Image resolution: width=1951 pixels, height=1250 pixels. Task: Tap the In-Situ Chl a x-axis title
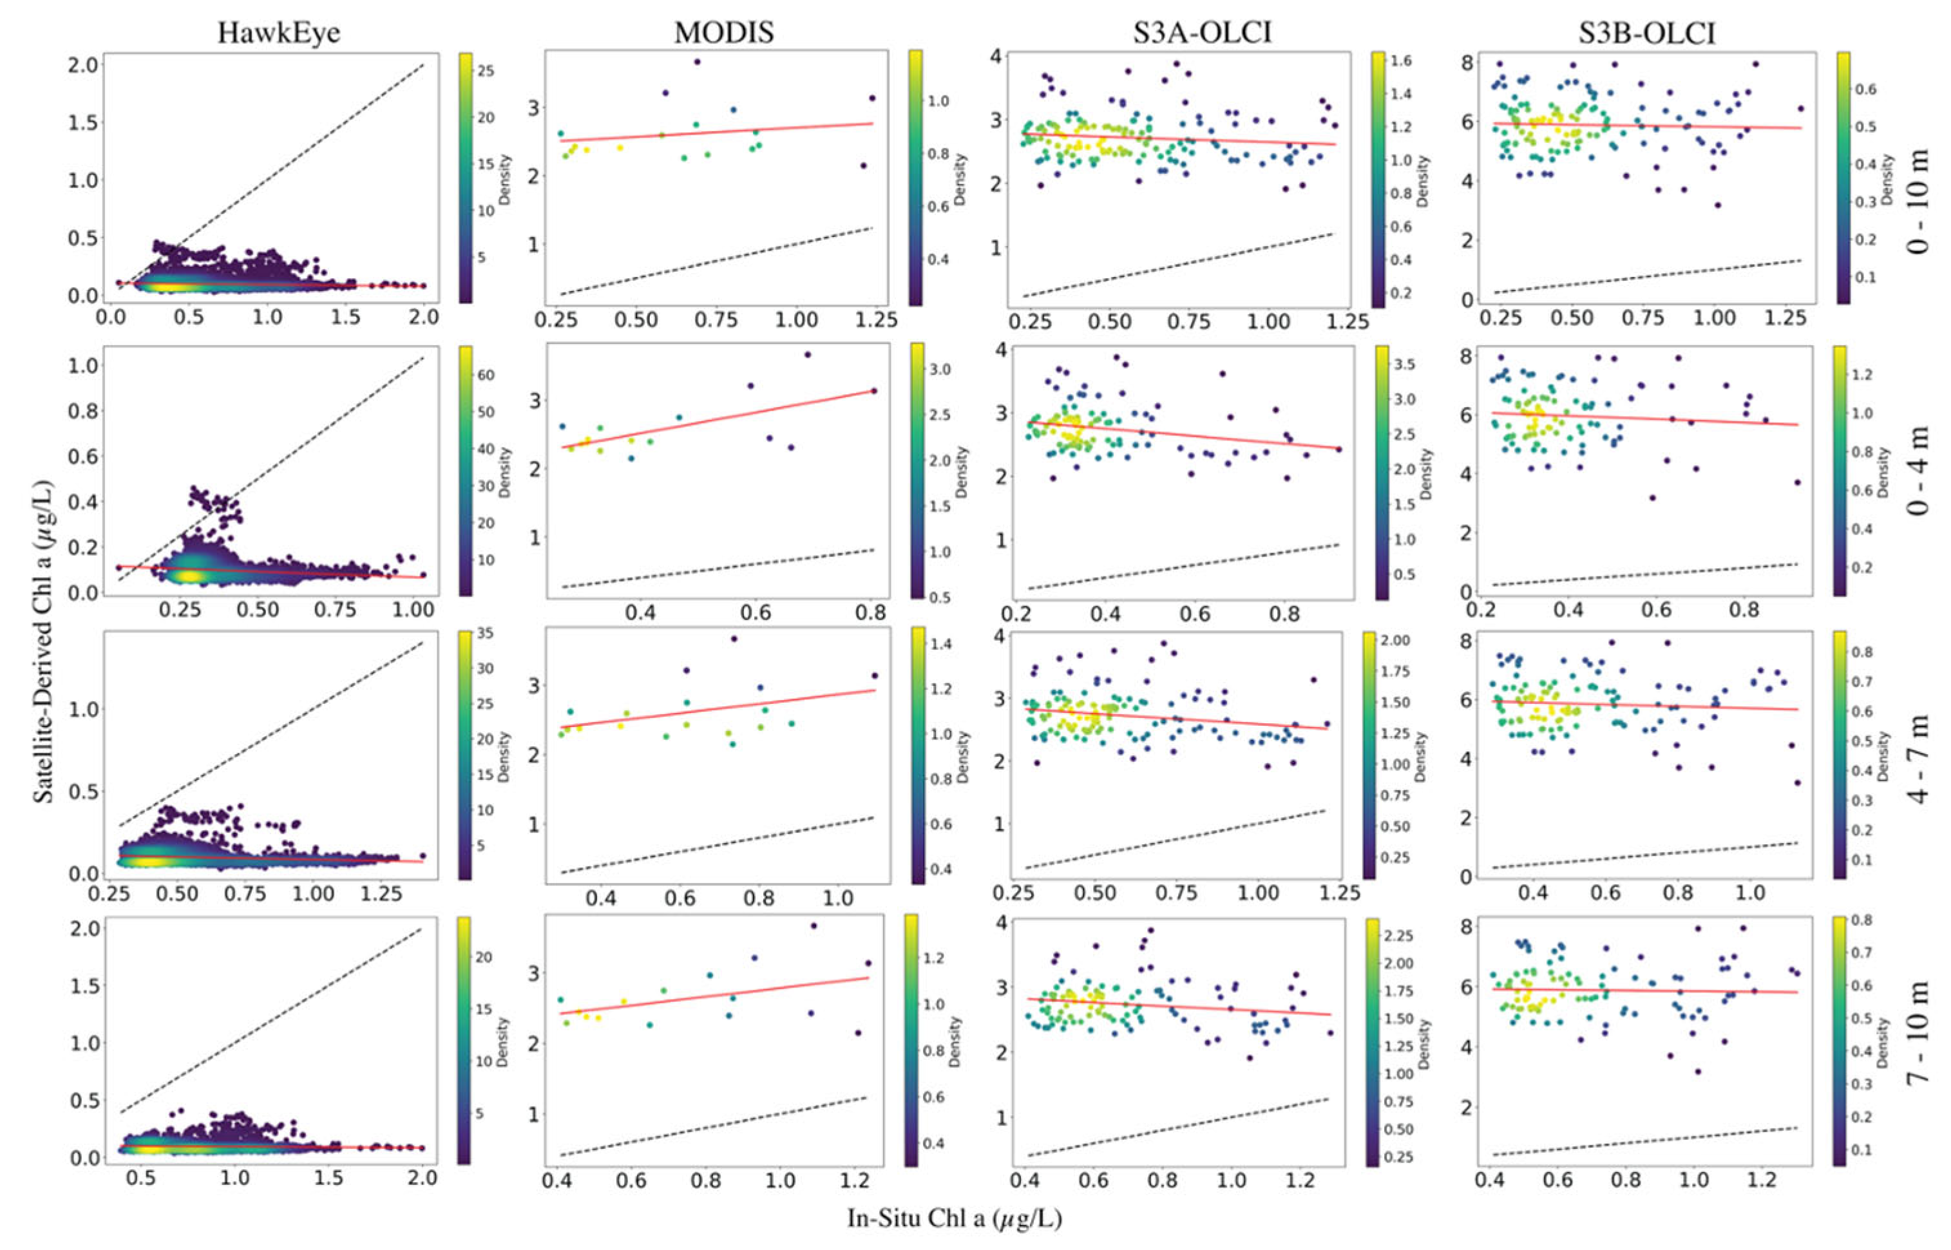(x=955, y=1218)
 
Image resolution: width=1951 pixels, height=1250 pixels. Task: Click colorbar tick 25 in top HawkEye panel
(x=485, y=71)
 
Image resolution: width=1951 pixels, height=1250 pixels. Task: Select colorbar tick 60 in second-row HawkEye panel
(x=485, y=375)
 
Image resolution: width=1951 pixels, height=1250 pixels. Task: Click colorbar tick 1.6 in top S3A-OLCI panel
(x=1402, y=61)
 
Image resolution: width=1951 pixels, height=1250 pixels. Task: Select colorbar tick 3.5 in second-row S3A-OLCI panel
(x=1404, y=365)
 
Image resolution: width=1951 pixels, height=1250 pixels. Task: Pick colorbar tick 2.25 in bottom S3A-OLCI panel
(x=1398, y=936)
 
